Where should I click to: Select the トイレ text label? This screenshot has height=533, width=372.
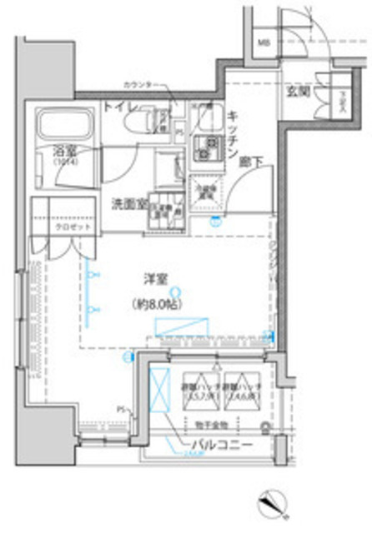[117, 107]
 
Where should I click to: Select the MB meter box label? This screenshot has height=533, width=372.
[263, 42]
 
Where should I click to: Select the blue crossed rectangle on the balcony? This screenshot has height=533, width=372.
[159, 390]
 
